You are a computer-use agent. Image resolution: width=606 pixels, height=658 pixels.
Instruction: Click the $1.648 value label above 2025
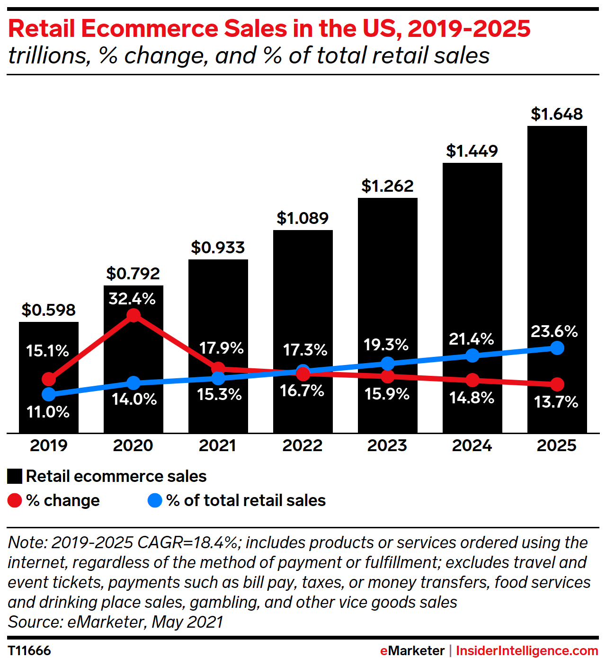[557, 114]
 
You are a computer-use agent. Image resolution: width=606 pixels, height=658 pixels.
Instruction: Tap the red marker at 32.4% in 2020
[134, 315]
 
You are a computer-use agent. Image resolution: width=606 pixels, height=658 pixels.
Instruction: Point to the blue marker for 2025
[557, 348]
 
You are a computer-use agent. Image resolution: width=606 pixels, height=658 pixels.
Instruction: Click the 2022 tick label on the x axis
[303, 445]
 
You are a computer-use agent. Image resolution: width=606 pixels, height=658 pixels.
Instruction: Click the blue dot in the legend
[155, 500]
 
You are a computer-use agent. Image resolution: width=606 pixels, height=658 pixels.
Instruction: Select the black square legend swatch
[15, 476]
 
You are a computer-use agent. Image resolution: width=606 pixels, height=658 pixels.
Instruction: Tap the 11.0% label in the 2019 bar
[48, 412]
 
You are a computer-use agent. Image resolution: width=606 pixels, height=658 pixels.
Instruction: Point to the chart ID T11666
[29, 650]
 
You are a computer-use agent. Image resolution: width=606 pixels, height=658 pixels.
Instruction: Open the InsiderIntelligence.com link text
[526, 650]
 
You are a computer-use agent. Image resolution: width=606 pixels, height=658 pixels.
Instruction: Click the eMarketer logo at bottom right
[412, 650]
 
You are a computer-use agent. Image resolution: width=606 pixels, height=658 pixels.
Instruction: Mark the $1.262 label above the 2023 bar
[387, 186]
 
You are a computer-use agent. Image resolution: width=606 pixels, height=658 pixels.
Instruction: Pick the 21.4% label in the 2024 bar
[471, 339]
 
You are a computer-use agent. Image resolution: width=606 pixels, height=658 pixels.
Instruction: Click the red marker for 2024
[472, 380]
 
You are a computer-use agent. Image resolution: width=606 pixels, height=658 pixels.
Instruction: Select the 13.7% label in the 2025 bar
[556, 402]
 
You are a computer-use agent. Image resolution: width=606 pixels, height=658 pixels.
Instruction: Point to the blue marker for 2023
[387, 364]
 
